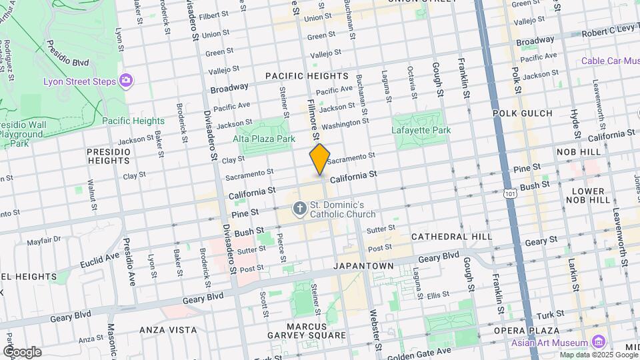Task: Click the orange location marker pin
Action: (x=320, y=159)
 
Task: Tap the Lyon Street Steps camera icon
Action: (x=125, y=81)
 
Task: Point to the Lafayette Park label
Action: (x=421, y=131)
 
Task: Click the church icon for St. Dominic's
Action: (x=300, y=209)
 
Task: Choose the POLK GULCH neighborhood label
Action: (x=523, y=113)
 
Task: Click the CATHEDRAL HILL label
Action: (x=451, y=237)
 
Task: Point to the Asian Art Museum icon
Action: (x=598, y=343)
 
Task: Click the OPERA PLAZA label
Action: (x=525, y=331)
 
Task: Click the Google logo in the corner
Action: (x=21, y=352)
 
